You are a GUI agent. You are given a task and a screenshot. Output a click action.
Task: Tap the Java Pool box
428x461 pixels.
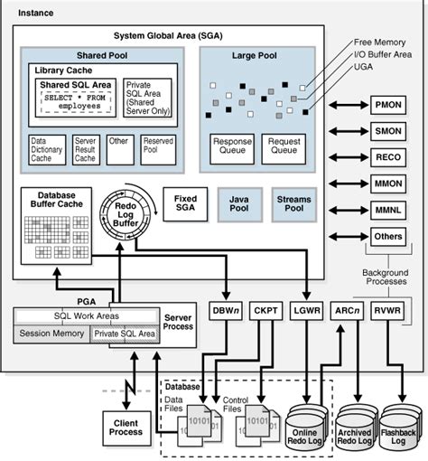point(239,204)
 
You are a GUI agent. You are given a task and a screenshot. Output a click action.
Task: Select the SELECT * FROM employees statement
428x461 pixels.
point(76,102)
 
